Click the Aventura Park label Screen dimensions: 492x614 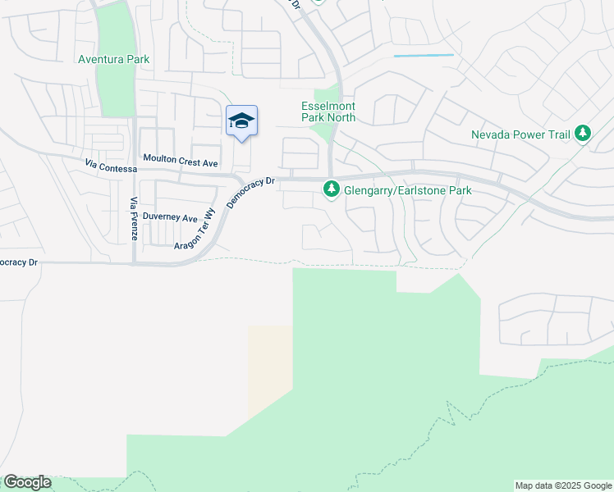pos(114,59)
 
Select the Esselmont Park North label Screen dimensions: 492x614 pos(328,112)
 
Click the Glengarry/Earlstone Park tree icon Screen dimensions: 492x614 pos(332,190)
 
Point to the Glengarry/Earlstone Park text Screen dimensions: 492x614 pos(408,190)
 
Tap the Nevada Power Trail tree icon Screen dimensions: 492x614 pos(583,133)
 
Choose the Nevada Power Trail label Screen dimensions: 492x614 pos(521,134)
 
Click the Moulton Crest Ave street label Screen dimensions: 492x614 pos(181,158)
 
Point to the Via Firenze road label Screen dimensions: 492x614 pos(133,219)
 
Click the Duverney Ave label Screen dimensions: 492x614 pos(170,218)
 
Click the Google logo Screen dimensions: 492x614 pos(27,482)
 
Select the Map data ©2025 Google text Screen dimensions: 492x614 pos(564,485)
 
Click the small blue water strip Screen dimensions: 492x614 pos(424,55)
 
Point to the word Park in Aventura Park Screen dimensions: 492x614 pos(137,59)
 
